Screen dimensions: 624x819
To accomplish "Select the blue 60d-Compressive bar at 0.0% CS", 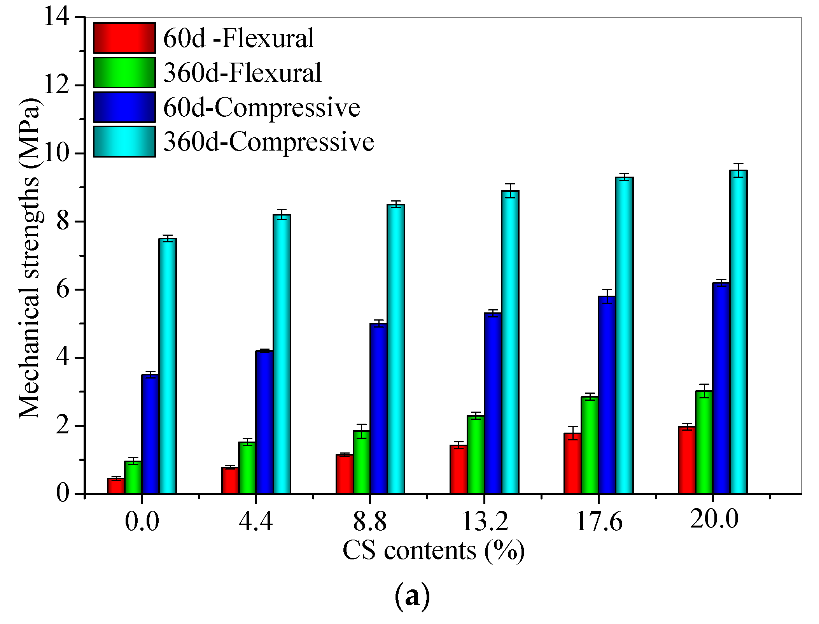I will coord(150,434).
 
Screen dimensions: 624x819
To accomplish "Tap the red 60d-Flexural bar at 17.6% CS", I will coord(572,463).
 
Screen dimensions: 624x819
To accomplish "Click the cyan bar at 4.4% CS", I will coord(282,354).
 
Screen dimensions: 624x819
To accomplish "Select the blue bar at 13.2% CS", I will coord(493,403).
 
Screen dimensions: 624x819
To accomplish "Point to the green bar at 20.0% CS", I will coord(704,442).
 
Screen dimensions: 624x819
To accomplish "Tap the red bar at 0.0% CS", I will coord(116,486).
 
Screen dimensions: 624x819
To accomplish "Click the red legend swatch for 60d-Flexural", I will coord(124,38).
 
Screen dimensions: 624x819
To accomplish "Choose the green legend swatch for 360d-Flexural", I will coord(124,72).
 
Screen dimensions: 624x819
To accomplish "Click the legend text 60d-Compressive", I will coord(261,107).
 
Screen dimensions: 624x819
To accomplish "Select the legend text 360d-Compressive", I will coord(268,142).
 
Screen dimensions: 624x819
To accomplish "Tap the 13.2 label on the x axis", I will coord(485,521).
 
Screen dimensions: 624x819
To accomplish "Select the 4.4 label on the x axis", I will coord(256,521).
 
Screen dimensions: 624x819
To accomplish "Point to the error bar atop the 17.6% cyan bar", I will coord(624,177).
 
